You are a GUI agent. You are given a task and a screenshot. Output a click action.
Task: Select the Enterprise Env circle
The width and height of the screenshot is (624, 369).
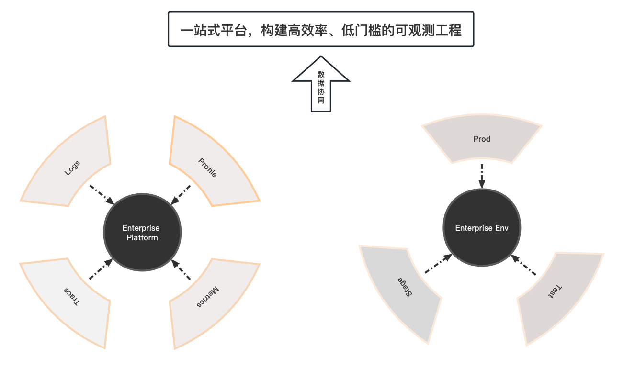[482, 228]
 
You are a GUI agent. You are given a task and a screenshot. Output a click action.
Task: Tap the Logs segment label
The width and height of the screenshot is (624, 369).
[72, 168]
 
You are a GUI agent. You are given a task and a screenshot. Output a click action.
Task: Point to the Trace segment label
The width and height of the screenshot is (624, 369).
[72, 296]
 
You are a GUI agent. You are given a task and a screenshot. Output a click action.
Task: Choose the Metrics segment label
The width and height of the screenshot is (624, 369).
[208, 297]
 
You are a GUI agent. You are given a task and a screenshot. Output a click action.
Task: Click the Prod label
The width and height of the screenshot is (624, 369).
[482, 139]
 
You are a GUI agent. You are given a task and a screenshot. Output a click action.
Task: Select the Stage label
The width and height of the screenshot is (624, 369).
[404, 286]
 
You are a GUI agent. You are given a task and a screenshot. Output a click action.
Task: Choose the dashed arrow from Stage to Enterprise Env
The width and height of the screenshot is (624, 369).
[438, 264]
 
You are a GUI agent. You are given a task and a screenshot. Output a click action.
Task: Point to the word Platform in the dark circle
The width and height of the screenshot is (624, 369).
[142, 237]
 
